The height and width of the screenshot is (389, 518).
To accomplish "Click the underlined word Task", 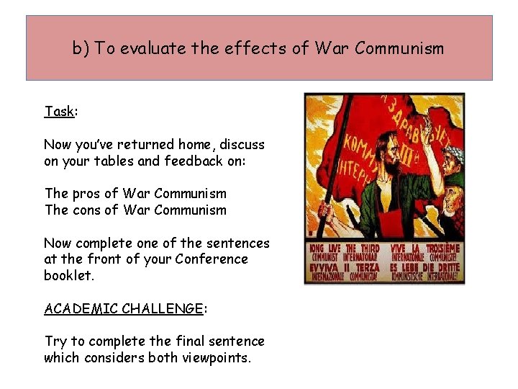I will [x=59, y=112].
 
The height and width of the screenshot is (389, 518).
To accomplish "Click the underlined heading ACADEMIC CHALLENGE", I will [x=124, y=308].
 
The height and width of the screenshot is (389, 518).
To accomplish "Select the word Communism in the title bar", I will [x=399, y=49].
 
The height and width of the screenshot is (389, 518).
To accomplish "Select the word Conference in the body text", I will [x=212, y=259].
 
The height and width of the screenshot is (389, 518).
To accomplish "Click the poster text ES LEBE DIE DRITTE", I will [x=424, y=267].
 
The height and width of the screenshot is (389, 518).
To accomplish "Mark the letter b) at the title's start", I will [x=81, y=49].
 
